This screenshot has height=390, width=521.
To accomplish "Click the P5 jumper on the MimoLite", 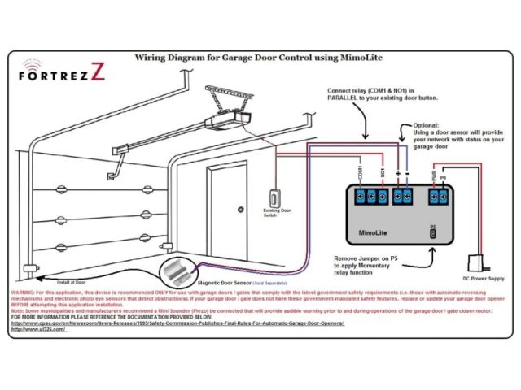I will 433,233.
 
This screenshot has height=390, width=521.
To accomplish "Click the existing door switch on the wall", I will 275,197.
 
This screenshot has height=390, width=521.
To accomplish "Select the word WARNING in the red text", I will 24,290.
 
